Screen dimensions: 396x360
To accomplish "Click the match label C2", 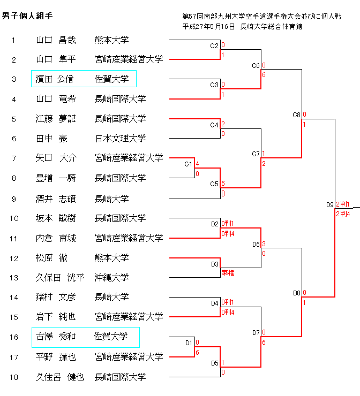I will [x=214, y=46].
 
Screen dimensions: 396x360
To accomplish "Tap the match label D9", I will [x=329, y=204].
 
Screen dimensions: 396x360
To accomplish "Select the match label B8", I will [x=296, y=293].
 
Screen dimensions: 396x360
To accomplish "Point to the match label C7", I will [x=256, y=154].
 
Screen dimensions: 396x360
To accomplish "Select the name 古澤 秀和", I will [x=55, y=337].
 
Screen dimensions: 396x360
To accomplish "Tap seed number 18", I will [x=14, y=377].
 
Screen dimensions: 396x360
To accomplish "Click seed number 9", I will [x=14, y=199].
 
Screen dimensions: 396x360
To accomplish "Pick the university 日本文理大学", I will [x=120, y=139].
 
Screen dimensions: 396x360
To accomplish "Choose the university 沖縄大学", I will [x=111, y=277].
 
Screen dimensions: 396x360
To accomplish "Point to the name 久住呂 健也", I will [x=60, y=377].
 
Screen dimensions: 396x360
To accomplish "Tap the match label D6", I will [x=256, y=245].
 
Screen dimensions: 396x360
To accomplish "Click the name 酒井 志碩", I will [x=56, y=199].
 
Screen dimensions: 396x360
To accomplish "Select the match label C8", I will [x=296, y=115].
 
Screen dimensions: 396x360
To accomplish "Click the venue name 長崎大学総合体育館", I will [x=272, y=26].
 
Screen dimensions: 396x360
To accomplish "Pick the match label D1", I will [x=189, y=342].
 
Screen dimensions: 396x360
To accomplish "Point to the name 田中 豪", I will [x=51, y=139].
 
